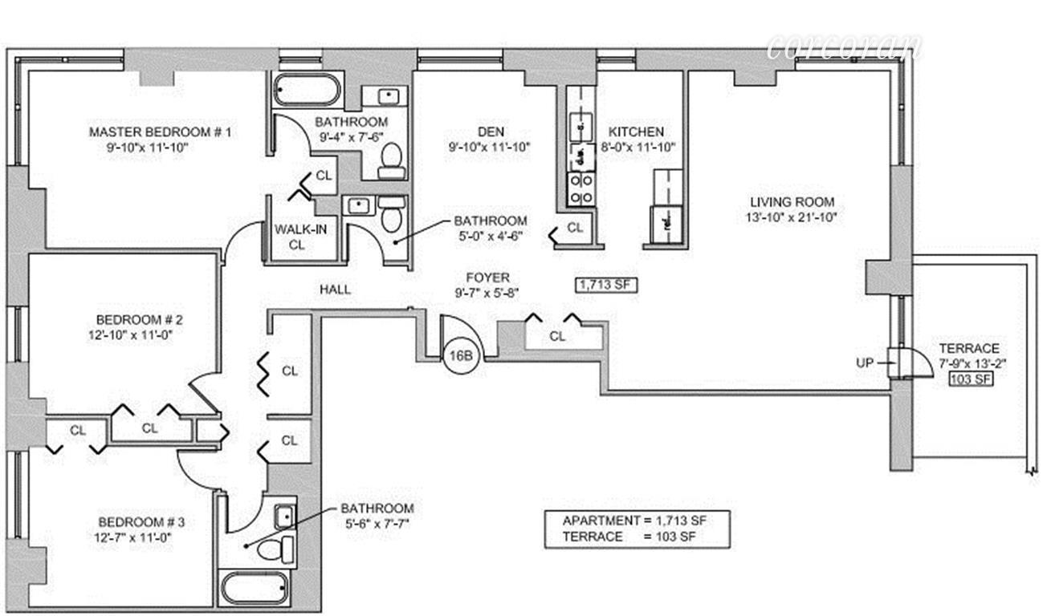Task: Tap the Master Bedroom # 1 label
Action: pyautogui.click(x=160, y=132)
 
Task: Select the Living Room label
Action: pyautogui.click(x=792, y=202)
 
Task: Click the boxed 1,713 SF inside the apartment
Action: pyautogui.click(x=606, y=283)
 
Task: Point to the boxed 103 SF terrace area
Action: pyautogui.click(x=971, y=379)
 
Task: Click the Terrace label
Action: pyautogui.click(x=969, y=349)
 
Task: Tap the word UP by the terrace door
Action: pyautogui.click(x=865, y=363)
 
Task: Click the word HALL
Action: pyautogui.click(x=335, y=290)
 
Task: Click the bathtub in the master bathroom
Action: pyautogui.click(x=308, y=90)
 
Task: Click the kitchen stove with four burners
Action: pyautogui.click(x=580, y=188)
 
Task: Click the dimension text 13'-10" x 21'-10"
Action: pyautogui.click(x=792, y=217)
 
